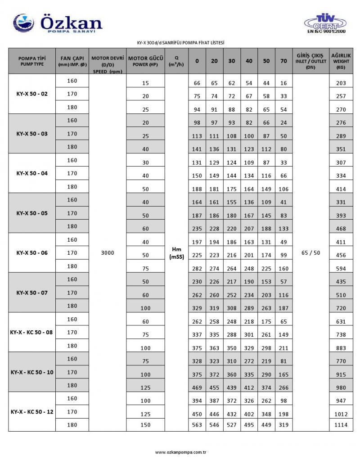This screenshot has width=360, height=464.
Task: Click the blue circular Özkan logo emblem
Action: (23, 22)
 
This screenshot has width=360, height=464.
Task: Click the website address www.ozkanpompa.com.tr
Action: (180, 451)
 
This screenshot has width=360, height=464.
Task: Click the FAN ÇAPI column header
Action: (72, 61)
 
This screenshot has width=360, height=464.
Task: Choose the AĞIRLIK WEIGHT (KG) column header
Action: (341, 61)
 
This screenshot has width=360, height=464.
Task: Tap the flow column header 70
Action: (283, 61)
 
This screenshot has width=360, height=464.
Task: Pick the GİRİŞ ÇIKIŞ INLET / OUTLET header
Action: (310, 61)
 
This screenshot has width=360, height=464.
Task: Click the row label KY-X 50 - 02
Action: (31, 94)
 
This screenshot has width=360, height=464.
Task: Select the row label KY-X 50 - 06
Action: (31, 253)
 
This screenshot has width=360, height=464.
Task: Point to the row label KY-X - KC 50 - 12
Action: (31, 412)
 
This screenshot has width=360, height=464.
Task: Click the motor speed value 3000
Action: (108, 253)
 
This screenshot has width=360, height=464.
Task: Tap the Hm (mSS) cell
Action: (176, 253)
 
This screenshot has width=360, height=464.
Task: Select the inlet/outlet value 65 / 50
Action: (310, 253)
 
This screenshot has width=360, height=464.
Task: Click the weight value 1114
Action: (341, 425)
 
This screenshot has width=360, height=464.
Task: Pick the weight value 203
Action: (341, 83)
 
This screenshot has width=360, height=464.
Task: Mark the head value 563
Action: (197, 425)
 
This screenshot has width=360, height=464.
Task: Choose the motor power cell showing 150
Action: (145, 425)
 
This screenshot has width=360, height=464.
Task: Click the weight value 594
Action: (341, 269)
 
